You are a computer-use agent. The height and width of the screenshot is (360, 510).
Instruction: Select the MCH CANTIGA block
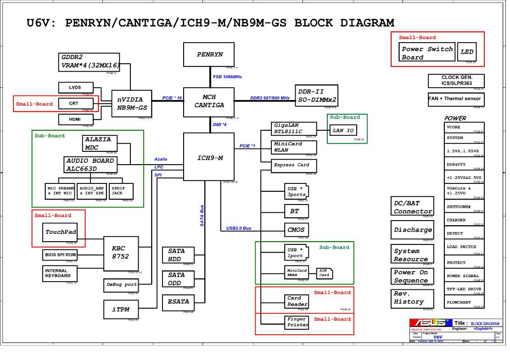tap(209, 101)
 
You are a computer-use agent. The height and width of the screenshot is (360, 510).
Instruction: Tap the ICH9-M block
tap(210, 157)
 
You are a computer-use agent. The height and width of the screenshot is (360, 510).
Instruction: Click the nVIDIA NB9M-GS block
tap(132, 104)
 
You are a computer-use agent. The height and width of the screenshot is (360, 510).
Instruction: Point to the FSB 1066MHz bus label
tap(227, 77)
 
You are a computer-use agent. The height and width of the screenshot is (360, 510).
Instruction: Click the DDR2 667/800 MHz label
tap(269, 98)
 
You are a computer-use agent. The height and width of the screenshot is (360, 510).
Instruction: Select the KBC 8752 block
tap(120, 253)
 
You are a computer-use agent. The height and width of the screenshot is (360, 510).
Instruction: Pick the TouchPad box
tap(60, 232)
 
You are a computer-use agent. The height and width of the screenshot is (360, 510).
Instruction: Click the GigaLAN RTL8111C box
tap(294, 128)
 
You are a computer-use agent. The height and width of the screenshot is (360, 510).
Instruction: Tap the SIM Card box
tap(324, 273)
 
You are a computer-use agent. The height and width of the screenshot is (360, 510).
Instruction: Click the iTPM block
tap(121, 310)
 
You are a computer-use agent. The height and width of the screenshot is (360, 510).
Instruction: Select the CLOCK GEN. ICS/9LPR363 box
tap(456, 81)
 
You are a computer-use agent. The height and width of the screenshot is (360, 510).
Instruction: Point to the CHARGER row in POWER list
tap(464, 220)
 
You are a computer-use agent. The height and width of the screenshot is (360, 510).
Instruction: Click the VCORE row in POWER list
tap(464, 127)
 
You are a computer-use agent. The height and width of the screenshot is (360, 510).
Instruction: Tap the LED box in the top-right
tap(467, 52)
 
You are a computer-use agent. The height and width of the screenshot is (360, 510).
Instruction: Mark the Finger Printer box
tap(297, 322)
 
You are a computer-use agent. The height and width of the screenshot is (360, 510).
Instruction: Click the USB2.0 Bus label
tap(239, 228)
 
